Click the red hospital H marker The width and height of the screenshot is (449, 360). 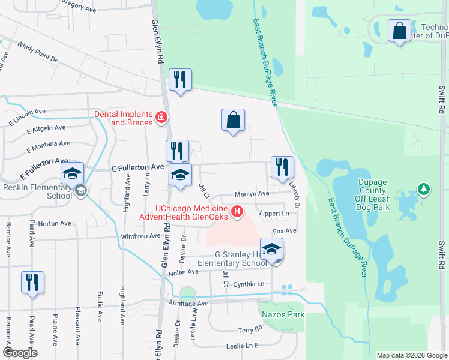238,211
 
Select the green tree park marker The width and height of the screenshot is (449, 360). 424,190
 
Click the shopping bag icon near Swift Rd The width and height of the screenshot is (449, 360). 399,30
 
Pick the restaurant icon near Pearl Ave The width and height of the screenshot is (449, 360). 32,282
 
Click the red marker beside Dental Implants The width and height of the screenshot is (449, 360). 160,118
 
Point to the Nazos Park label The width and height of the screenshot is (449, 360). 282,314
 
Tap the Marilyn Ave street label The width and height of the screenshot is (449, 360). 252,194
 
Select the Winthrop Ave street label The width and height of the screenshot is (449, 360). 141,236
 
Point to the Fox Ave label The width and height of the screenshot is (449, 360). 285,231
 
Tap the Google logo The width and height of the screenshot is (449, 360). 20,353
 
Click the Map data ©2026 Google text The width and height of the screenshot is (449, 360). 411,355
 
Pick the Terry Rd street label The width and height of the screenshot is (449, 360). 250,330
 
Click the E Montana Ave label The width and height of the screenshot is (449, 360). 49,144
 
